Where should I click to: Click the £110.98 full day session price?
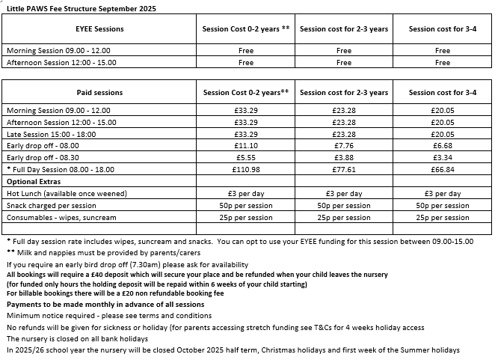[x=245, y=170]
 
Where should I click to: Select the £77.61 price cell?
[x=343, y=170]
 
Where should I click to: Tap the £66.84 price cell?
[x=443, y=170]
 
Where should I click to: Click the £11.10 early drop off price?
[x=245, y=146]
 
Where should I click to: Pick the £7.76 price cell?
[x=343, y=146]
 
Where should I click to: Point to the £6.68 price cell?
[x=443, y=146]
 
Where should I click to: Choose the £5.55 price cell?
[x=245, y=158]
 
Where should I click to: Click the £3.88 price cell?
[x=343, y=158]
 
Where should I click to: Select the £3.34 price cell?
[x=443, y=158]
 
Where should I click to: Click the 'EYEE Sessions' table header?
[x=99, y=29]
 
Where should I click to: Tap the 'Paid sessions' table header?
[x=99, y=93]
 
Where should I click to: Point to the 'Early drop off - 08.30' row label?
[x=42, y=158]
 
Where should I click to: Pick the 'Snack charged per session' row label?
[x=52, y=206]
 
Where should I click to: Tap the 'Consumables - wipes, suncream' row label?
[x=62, y=218]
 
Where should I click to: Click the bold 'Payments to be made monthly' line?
[x=105, y=305]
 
